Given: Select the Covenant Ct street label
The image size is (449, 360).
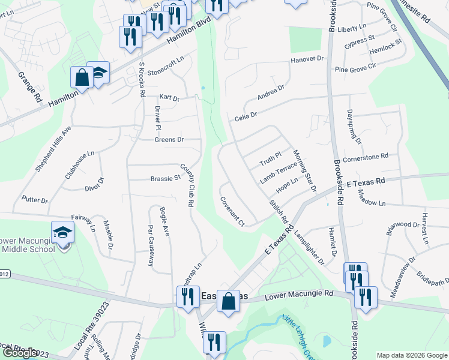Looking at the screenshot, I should click(232, 212).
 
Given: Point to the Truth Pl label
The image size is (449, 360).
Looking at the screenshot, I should click(270, 160).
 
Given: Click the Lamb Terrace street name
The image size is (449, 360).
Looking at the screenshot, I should click(278, 172).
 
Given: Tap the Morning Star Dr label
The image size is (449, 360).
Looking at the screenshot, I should click(304, 171).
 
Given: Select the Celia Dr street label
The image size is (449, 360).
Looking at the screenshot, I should click(246, 115).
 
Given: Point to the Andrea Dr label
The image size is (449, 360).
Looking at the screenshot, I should click(270, 92).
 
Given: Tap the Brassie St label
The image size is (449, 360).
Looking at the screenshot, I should click(165, 178).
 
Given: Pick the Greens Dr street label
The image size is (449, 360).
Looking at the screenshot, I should click(169, 140).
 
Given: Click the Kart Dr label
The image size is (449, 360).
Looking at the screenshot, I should click(169, 97).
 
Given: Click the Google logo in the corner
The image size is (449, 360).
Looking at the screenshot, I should click(20, 353).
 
